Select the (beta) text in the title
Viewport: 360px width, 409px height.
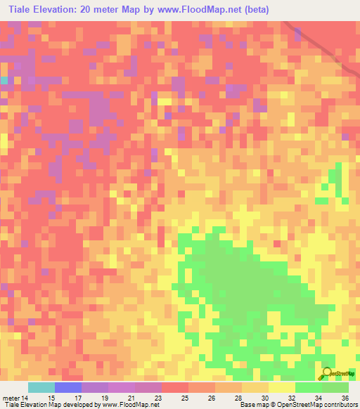[252, 11]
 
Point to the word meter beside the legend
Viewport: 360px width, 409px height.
[11, 398]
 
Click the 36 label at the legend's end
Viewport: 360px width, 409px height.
[345, 398]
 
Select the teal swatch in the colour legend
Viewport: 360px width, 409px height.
[41, 387]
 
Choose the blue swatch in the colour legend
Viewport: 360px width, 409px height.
[68, 387]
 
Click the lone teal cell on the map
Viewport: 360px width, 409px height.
[4, 81]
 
